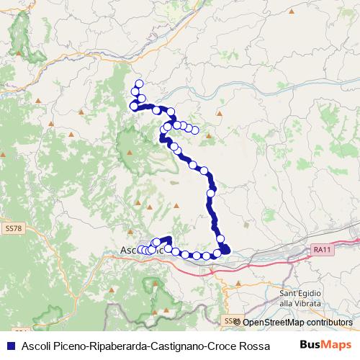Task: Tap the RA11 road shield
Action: (x=322, y=249)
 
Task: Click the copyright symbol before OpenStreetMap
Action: (x=238, y=323)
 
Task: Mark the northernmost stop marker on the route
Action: (x=139, y=84)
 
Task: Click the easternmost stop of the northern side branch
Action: (x=194, y=130)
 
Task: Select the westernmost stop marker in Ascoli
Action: (x=142, y=250)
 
